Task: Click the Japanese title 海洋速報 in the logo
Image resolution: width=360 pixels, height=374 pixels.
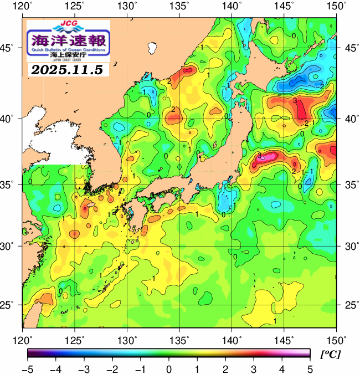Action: (69, 40)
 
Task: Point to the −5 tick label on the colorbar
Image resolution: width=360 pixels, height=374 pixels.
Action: (28, 368)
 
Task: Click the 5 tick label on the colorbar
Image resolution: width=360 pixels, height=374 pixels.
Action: (308, 368)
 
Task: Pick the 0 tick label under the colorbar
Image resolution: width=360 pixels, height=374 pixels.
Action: (168, 368)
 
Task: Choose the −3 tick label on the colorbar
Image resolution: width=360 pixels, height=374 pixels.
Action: (84, 368)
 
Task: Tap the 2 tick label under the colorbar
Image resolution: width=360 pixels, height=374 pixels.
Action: (225, 368)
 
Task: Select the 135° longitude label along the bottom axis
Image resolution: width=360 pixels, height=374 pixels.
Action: (180, 339)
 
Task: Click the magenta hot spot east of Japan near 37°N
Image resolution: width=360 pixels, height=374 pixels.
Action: (265, 157)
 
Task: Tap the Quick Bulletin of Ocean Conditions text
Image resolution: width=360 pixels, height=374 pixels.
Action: (69, 49)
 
